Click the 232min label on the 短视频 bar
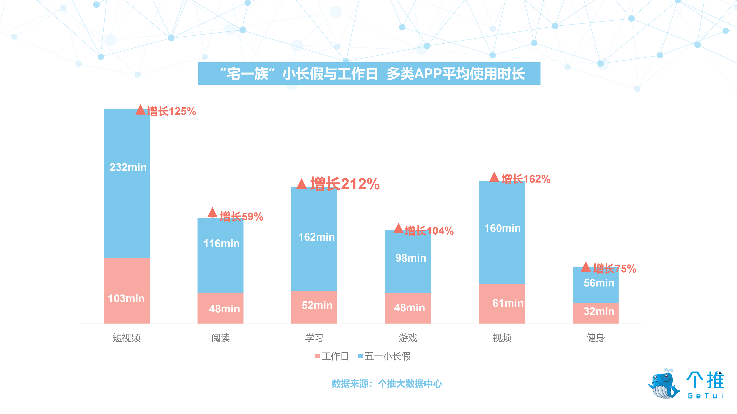[128, 167]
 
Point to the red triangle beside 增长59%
[212, 213]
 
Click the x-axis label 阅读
[220, 338]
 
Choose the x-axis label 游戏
[408, 338]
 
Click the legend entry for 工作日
[332, 356]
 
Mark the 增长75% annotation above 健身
[614, 269]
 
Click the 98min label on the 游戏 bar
[411, 258]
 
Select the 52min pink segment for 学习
[314, 307]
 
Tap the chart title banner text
[369, 74]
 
